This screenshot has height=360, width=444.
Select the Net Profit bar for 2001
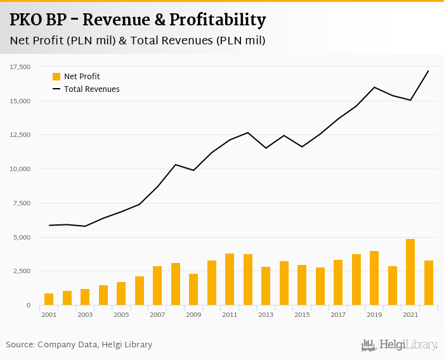pos(49,299)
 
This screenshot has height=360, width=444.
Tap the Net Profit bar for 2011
pos(230,280)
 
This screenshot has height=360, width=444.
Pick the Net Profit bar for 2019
pos(374,278)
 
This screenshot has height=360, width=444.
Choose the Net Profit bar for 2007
pos(157,286)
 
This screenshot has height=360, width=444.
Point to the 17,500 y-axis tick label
pos(20,67)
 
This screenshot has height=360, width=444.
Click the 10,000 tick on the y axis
pos(20,169)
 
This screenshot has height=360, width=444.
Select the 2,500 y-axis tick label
pos(22,271)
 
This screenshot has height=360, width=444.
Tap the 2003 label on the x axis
pos(85,314)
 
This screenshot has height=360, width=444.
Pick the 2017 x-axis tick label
pos(338,314)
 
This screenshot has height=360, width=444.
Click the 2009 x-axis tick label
pos(193,314)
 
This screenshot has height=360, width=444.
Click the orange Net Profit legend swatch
pos(56,77)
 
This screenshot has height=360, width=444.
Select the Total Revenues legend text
pos(91,89)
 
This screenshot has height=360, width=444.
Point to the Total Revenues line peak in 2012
pos(248,132)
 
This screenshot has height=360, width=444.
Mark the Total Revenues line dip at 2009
pos(193,170)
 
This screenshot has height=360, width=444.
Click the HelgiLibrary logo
pos(399,345)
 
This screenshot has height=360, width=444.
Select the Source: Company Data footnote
pos(79,345)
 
